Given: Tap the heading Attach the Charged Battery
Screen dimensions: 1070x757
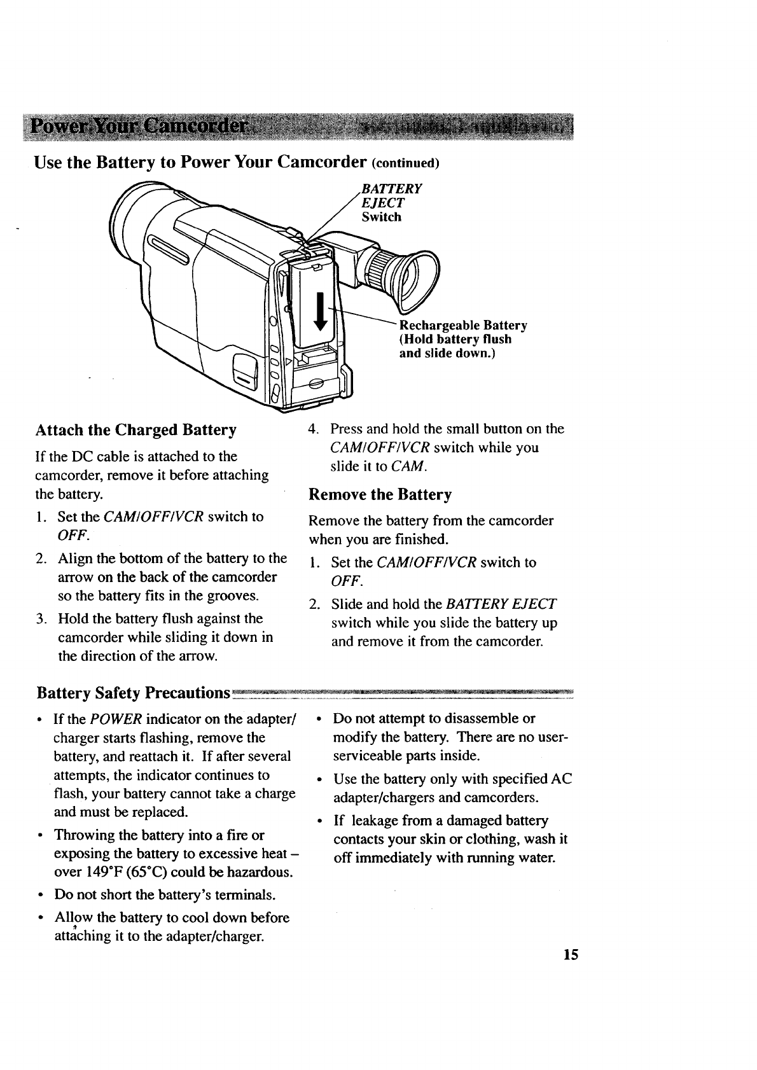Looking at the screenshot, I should [x=136, y=430].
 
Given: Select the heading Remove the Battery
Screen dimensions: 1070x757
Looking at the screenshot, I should [x=380, y=494].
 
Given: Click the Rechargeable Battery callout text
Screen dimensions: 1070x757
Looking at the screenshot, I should [x=462, y=339].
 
